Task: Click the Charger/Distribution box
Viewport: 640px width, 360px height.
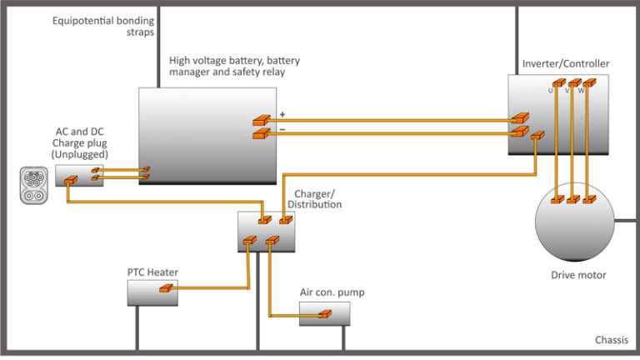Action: [x=266, y=231]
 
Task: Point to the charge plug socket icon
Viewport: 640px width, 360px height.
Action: [x=33, y=185]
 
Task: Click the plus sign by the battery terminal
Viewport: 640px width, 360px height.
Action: [x=282, y=114]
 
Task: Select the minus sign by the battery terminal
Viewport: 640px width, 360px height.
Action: [x=282, y=129]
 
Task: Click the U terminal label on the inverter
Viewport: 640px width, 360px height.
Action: [x=550, y=90]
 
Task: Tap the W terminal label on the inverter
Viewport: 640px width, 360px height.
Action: [x=581, y=90]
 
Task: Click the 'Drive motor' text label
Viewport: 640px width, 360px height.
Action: [x=578, y=275]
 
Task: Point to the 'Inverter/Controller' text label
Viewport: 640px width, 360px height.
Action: [x=565, y=64]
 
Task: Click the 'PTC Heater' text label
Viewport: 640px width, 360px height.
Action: [x=152, y=272]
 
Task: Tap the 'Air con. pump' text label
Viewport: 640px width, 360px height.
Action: [x=332, y=292]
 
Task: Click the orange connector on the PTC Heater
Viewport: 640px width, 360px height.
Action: [x=166, y=288]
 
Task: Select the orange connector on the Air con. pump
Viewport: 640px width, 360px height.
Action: [x=323, y=314]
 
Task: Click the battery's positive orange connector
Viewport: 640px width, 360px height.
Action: [x=261, y=122]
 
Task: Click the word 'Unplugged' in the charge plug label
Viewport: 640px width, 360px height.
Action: [x=78, y=155]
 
